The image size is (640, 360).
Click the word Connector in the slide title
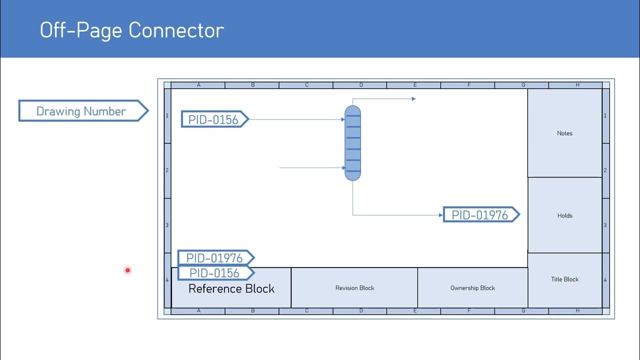176,30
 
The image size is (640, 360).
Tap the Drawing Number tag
81,111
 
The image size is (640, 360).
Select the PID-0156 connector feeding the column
213,119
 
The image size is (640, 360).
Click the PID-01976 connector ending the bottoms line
480,215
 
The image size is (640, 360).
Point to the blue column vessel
352,142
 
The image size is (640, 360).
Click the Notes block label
564,133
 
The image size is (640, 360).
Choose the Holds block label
564,215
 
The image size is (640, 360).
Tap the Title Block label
564,279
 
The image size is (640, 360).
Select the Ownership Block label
472,288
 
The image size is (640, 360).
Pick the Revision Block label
354,288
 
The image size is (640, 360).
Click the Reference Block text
231,288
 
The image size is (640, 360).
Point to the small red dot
127,270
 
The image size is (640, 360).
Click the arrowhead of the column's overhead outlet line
413,99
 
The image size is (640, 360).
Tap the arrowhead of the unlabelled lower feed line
343,168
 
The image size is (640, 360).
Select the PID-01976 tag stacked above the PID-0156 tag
214,258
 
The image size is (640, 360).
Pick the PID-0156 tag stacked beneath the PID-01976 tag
214,273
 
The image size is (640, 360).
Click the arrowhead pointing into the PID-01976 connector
440,215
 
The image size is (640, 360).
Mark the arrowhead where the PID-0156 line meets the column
343,119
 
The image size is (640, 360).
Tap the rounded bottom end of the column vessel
352,176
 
